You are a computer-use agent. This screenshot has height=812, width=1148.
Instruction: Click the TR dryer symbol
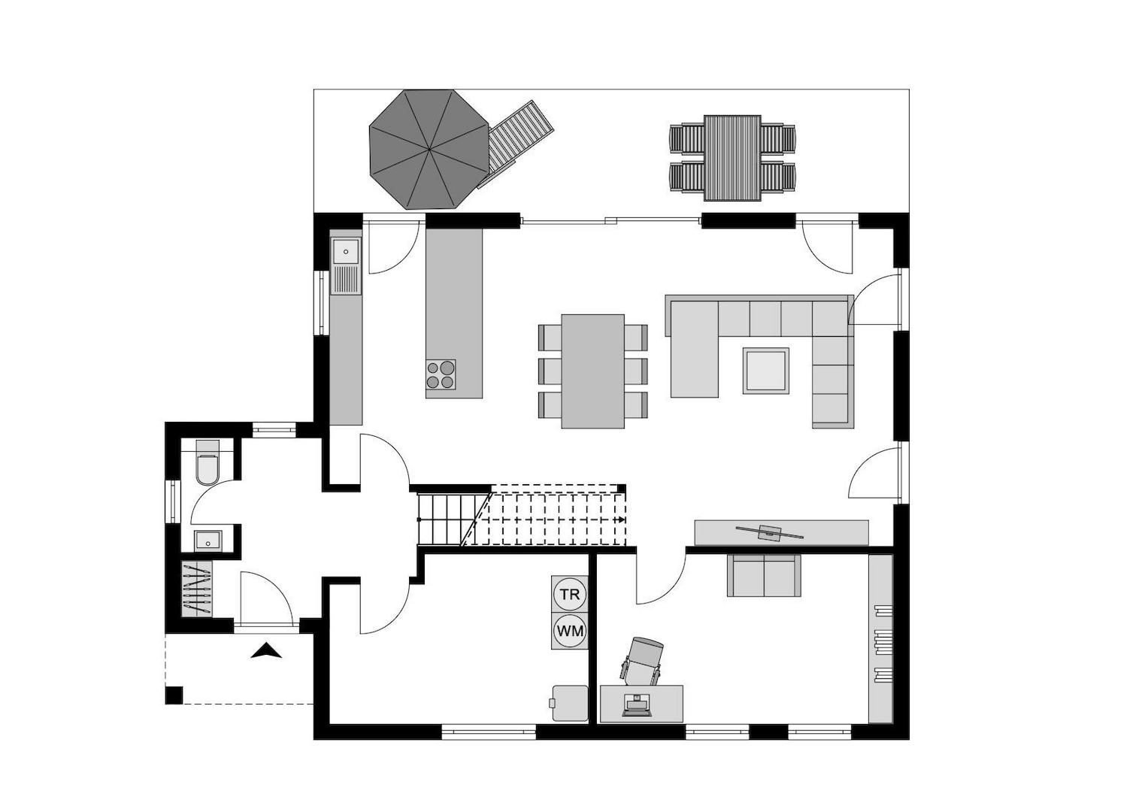[x=569, y=595]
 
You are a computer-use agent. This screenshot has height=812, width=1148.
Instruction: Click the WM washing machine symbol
[x=569, y=632]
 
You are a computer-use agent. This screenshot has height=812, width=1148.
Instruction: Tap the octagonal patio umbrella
[x=429, y=149]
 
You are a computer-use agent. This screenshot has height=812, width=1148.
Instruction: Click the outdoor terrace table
[x=732, y=158]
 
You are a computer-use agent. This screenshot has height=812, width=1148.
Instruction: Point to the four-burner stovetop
[x=441, y=374]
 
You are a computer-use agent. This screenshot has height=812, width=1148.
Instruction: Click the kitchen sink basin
[x=347, y=251]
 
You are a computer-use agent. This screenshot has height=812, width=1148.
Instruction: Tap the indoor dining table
[x=592, y=371]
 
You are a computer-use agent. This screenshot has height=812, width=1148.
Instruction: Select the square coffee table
[x=765, y=370]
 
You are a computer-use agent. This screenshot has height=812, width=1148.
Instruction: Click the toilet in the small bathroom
[x=207, y=466]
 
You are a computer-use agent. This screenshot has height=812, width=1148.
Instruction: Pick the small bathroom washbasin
[x=207, y=539]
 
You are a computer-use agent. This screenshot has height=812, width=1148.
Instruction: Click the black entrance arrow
[x=266, y=651]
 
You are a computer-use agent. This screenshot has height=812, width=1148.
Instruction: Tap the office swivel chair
[x=643, y=660]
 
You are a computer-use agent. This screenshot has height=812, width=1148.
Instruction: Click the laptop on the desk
[x=638, y=706]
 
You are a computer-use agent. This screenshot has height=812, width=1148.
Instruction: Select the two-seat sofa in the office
[x=763, y=576]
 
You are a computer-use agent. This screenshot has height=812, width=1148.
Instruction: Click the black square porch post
[x=174, y=695]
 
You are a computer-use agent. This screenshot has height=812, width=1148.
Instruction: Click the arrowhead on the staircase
[x=622, y=520]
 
